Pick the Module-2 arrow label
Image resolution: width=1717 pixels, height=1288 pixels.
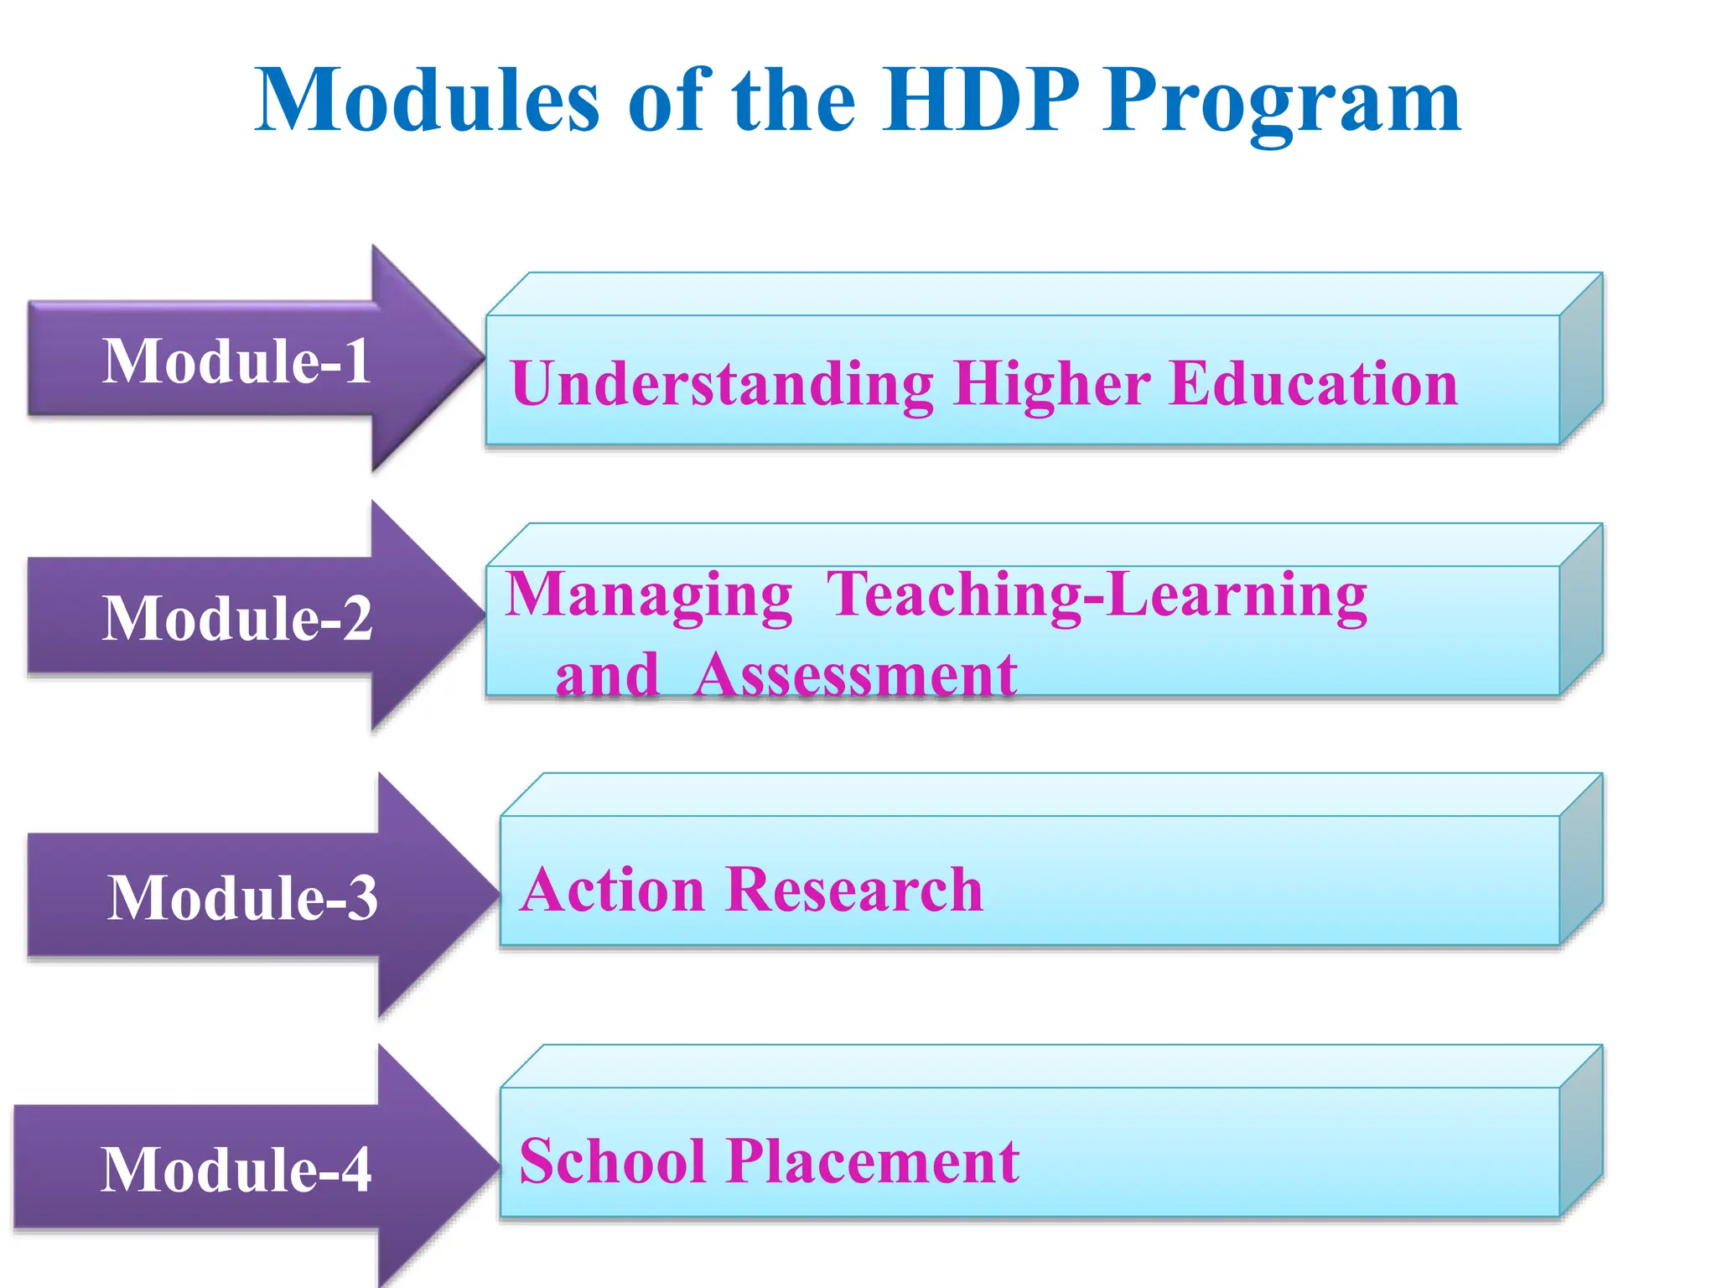pos(237,619)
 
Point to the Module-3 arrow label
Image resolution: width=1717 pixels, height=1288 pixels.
pos(242,898)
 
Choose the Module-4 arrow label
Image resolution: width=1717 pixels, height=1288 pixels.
pos(236,1170)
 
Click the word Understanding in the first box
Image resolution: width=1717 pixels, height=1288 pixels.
pos(722,384)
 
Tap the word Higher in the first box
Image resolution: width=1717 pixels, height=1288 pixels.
pos(1051,384)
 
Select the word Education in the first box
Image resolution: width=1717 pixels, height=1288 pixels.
pos(1313,384)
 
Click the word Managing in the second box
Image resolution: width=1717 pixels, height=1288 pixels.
pos(649,595)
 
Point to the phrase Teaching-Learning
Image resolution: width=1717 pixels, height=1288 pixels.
pos(1097,595)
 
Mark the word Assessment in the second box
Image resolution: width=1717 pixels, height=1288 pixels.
pos(855,675)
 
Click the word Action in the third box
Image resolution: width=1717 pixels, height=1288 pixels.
pos(612,890)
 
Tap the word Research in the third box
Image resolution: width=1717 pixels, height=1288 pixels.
pos(854,890)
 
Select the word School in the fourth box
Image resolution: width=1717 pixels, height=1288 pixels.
pos(612,1161)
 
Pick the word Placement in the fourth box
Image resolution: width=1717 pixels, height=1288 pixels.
pos(873,1161)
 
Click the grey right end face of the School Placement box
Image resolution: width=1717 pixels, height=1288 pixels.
pos(1581,1132)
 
